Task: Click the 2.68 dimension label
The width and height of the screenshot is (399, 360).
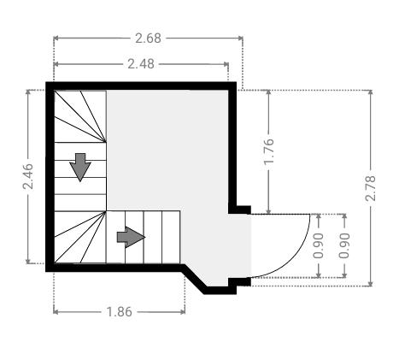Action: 148,38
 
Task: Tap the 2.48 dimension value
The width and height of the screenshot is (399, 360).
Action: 141,64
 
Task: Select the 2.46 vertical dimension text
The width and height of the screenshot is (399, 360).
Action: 28,176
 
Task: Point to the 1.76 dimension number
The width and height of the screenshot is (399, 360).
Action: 268,151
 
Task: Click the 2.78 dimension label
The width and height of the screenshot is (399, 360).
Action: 371,188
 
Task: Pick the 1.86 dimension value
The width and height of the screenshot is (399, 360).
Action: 119,312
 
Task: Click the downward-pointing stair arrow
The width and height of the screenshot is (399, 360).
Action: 80,168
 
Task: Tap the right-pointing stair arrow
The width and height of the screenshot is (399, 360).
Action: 131,237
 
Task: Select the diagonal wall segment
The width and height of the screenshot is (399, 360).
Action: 194,279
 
